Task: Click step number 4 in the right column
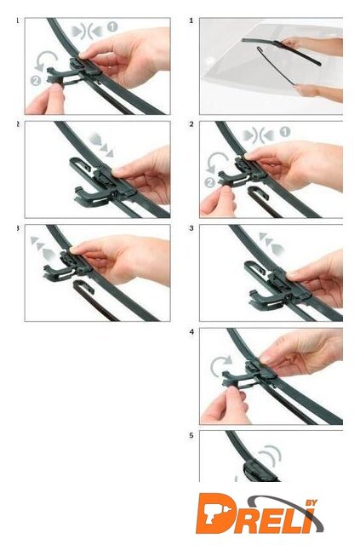click(191, 332)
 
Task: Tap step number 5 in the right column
click(191, 435)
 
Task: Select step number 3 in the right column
click(191, 228)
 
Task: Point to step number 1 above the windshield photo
click(191, 20)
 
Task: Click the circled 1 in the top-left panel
click(112, 26)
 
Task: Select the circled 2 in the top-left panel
click(36, 81)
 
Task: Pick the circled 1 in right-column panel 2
click(284, 132)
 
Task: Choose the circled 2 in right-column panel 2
click(209, 182)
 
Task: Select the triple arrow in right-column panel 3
click(271, 243)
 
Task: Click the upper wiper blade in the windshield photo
click(282, 50)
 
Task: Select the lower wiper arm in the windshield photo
click(277, 66)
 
